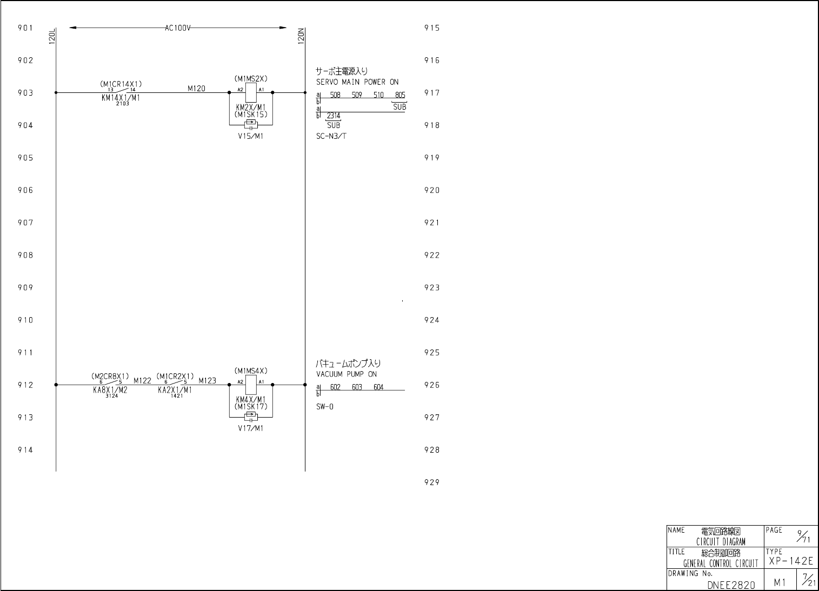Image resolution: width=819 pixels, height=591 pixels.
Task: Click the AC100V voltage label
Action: point(178,28)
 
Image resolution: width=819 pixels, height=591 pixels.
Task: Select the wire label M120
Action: point(196,89)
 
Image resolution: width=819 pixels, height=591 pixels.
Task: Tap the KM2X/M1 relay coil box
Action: point(251,93)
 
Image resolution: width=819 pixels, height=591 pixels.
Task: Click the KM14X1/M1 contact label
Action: point(121,98)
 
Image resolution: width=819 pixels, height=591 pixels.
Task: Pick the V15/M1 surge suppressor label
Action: point(250,136)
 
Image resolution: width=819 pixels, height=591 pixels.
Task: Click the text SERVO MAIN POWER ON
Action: point(357,82)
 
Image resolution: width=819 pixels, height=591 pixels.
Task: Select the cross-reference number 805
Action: point(400,96)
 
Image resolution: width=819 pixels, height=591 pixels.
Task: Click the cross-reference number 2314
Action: point(334,116)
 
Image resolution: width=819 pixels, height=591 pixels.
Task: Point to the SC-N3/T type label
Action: point(331,136)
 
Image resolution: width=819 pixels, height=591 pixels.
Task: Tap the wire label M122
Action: point(142,380)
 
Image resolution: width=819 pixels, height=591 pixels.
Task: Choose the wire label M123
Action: point(207,380)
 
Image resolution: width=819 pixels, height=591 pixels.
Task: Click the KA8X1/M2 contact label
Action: point(110,390)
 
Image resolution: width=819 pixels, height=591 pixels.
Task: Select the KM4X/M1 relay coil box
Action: point(251,385)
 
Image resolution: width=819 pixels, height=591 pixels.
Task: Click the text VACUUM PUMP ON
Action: point(347,374)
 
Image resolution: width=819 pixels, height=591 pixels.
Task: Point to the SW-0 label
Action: point(325,407)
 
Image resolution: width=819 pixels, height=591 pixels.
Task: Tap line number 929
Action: point(431,482)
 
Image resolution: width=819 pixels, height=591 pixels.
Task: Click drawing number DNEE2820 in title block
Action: point(731,585)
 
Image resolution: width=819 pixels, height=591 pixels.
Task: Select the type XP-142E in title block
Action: point(790,561)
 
